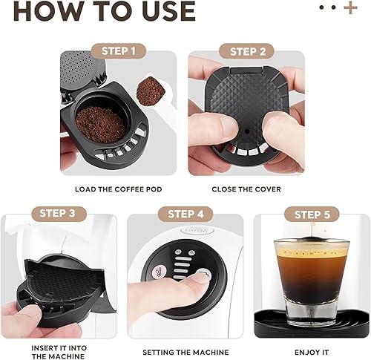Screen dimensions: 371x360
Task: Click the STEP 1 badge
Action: [x=119, y=51]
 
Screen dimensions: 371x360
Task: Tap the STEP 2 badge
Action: [x=247, y=51]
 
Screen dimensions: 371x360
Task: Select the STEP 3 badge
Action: [x=57, y=213]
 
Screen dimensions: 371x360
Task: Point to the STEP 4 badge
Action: [x=185, y=214]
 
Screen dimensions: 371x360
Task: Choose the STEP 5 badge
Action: [x=312, y=215]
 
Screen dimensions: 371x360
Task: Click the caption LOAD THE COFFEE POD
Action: [x=119, y=189]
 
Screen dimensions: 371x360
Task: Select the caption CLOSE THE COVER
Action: [x=246, y=189]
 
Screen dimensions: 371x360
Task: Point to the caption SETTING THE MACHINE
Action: [x=185, y=352]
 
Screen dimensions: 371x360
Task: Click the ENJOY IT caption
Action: [x=312, y=352]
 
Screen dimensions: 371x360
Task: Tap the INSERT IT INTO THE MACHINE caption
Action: [x=59, y=352]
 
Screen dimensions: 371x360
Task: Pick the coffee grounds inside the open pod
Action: [x=100, y=125]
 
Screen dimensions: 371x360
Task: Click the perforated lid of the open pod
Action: [x=79, y=69]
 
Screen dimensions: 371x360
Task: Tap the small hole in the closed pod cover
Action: [x=246, y=131]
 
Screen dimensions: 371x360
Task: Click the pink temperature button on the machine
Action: [x=157, y=272]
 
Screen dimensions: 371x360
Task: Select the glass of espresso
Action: [x=312, y=282]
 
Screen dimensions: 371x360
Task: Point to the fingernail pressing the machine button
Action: [x=203, y=275]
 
